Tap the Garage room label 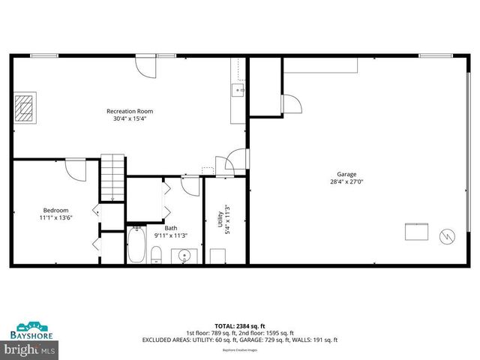(x=346, y=173)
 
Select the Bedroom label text (x=55, y=210)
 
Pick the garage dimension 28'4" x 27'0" (x=346, y=181)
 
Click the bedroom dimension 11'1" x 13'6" (x=55, y=218)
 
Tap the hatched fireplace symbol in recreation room (x=26, y=107)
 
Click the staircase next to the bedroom (x=112, y=178)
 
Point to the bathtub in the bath (x=136, y=247)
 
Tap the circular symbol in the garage (x=447, y=235)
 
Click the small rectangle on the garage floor (x=417, y=232)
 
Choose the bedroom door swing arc (x=75, y=169)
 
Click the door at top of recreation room (x=145, y=66)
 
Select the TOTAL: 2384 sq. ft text (x=240, y=327)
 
